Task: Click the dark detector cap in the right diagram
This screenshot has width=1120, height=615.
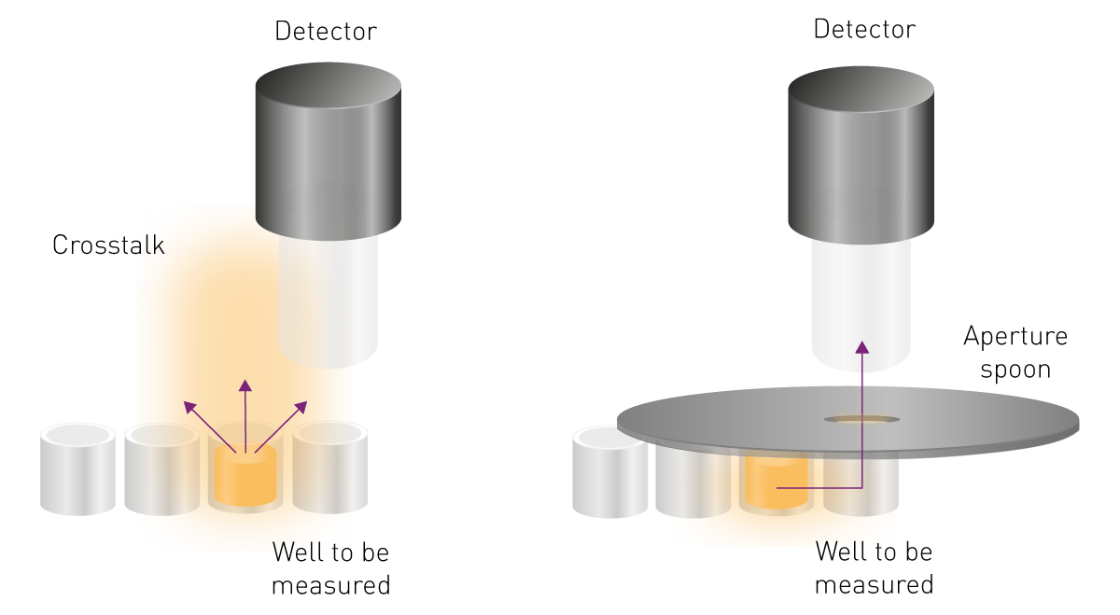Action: coord(859,154)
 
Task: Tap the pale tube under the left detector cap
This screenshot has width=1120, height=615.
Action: coord(327,299)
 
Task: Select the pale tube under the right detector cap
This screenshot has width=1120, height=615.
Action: coord(859,299)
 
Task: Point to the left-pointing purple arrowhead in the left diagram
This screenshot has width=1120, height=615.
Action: coord(190,407)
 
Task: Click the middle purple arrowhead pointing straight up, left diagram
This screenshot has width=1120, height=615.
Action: coord(245,385)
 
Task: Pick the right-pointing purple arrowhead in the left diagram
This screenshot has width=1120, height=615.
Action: coord(301,407)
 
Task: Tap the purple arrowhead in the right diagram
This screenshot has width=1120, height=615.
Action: coord(861,347)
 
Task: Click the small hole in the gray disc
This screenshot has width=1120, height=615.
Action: coord(861,419)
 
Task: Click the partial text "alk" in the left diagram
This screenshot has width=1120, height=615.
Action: coord(146,246)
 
